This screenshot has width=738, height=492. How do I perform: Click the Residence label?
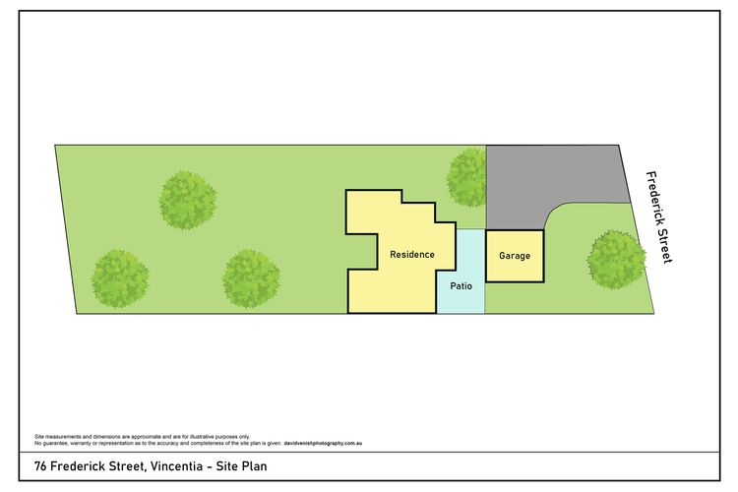click(412, 255)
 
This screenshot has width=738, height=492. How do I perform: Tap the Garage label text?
click(515, 256)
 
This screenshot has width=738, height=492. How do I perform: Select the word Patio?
click(461, 285)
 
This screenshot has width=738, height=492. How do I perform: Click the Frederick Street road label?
click(659, 217)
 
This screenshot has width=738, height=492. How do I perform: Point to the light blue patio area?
click(461, 272)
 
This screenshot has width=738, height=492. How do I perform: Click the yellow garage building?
click(515, 256)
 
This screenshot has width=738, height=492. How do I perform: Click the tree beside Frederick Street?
click(616, 260)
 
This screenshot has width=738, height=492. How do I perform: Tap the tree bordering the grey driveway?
click(466, 177)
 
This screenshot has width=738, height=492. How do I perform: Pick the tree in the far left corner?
click(120, 278)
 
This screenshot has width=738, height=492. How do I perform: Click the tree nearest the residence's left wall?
click(251, 278)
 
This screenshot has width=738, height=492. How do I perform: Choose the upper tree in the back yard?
click(187, 201)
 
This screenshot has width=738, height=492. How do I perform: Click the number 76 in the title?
click(40, 466)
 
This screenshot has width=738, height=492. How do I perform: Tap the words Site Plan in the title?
click(241, 466)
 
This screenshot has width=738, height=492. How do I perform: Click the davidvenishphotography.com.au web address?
click(323, 443)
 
